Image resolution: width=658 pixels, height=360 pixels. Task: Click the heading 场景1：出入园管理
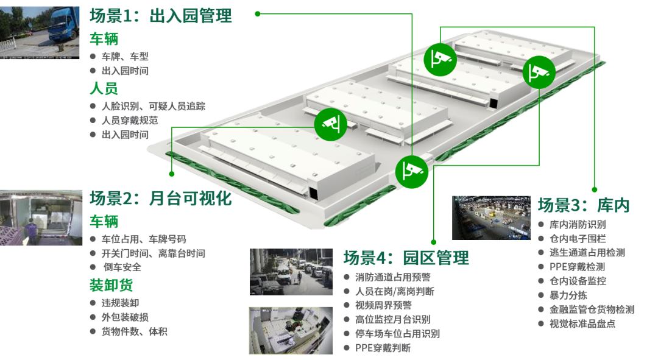point(160,16)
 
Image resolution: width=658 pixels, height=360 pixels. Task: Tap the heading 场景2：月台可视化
point(160,199)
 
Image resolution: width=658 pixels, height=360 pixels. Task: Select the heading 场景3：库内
point(584,205)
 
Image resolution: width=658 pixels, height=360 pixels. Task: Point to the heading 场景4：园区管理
point(406,258)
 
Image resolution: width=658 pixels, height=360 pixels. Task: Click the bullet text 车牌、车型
point(125,56)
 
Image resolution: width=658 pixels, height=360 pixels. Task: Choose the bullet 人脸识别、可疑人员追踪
point(154,106)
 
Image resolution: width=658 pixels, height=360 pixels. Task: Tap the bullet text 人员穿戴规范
point(130,121)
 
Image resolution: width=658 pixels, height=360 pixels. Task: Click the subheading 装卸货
point(111,285)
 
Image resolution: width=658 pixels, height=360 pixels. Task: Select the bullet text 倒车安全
point(122,267)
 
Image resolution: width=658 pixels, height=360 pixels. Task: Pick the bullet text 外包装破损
point(125,317)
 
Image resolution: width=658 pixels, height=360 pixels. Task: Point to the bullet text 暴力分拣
point(568,295)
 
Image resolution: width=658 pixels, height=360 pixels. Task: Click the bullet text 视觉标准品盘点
point(582,324)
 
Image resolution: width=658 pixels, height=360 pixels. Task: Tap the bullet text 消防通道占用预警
point(393,277)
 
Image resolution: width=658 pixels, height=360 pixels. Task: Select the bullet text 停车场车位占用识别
point(397,334)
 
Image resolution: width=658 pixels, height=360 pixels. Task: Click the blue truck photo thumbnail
point(40,33)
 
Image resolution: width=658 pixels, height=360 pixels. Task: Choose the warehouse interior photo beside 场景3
point(491,217)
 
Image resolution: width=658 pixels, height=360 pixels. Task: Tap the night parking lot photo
point(291,272)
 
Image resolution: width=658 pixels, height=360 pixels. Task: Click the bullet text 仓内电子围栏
point(578,239)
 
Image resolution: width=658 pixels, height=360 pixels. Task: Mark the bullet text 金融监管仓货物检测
point(592,309)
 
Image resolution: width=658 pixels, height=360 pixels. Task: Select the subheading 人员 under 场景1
point(104,88)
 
